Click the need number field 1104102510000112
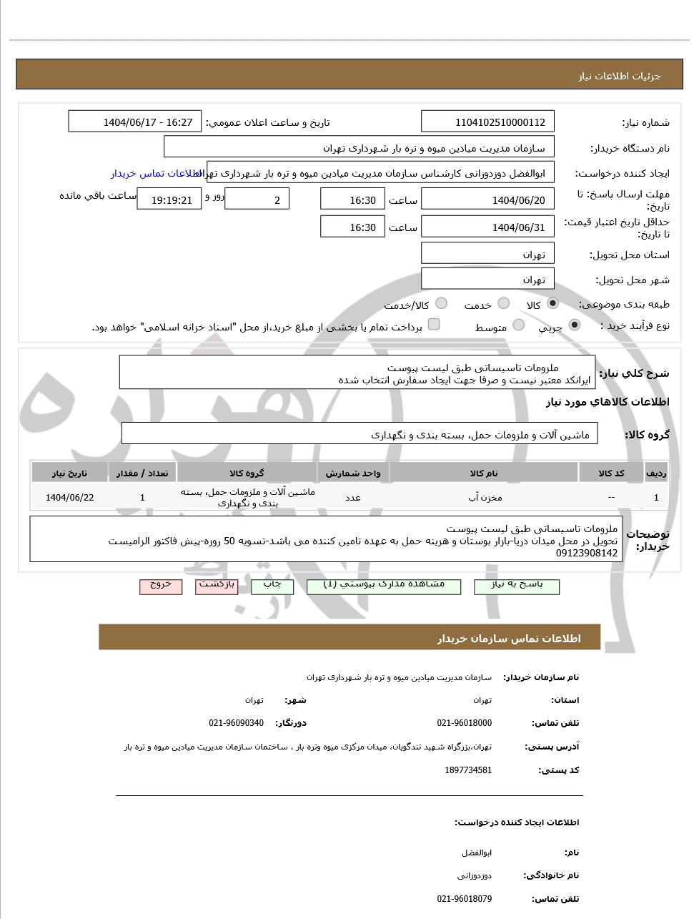pyautogui.click(x=487, y=122)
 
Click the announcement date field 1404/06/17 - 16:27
pyautogui.click(x=135, y=122)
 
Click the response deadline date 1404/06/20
pyautogui.click(x=487, y=200)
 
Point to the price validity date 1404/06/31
pyautogui.click(x=487, y=227)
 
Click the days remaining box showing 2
pyautogui.click(x=257, y=200)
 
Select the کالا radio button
pyautogui.click(x=552, y=304)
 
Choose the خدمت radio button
pyautogui.click(x=503, y=304)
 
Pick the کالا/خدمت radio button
pyautogui.click(x=441, y=304)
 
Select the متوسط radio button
pyautogui.click(x=519, y=326)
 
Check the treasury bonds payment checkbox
pyautogui.click(x=434, y=325)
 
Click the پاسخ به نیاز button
pyautogui.click(x=517, y=586)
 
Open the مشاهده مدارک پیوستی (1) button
pyautogui.click(x=384, y=586)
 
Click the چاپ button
pyautogui.click(x=272, y=586)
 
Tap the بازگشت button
pyautogui.click(x=217, y=586)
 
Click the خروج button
pyautogui.click(x=161, y=586)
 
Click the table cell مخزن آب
pyautogui.click(x=484, y=498)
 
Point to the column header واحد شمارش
pyautogui.click(x=353, y=473)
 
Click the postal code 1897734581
pyautogui.click(x=468, y=770)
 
